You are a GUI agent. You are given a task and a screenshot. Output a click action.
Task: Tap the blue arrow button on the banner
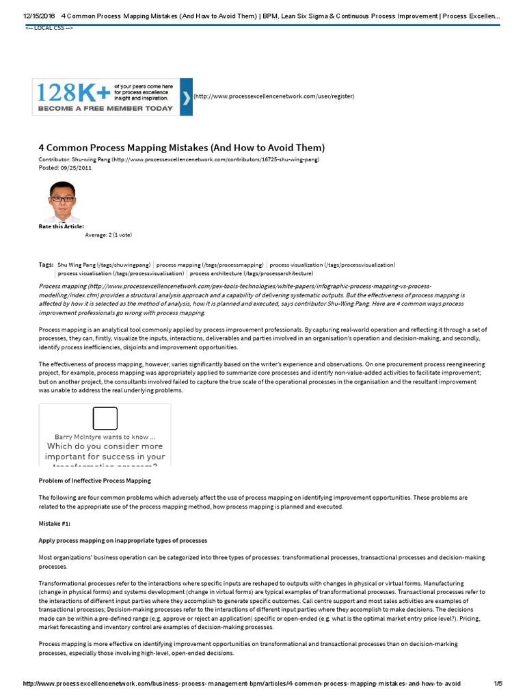click(186, 96)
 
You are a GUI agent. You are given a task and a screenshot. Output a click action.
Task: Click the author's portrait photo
click(63, 201)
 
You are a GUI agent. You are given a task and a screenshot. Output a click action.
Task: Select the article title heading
click(181, 148)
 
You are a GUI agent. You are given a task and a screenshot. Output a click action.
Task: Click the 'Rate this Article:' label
click(62, 226)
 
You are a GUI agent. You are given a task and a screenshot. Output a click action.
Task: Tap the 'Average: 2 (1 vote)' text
click(108, 235)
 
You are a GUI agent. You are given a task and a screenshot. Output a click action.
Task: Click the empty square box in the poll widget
click(105, 418)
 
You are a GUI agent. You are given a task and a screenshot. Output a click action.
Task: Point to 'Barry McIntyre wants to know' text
click(105, 436)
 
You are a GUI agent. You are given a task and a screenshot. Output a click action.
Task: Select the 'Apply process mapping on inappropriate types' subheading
click(122, 540)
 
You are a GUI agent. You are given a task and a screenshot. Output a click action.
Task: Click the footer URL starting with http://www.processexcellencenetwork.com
click(242, 684)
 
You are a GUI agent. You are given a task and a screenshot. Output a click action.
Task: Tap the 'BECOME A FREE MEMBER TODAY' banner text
click(105, 108)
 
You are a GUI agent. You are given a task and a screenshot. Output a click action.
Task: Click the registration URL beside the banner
click(274, 96)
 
